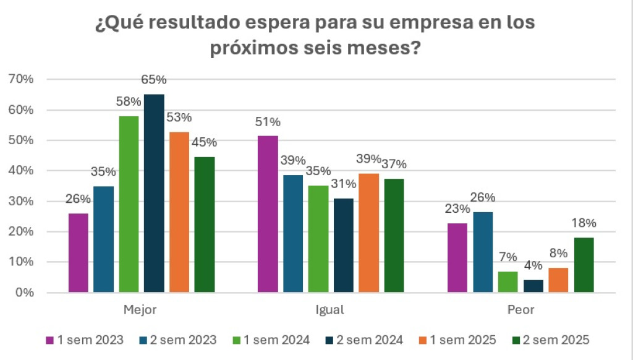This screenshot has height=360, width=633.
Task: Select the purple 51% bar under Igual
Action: coord(268,214)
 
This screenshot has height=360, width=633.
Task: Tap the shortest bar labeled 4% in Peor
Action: coord(533,286)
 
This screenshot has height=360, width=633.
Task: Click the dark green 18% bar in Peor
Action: coord(584,265)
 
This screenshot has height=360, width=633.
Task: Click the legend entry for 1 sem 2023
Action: coord(85,340)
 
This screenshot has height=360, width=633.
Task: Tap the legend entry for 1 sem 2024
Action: coord(271,340)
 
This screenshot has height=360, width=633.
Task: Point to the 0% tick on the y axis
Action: coord(23,293)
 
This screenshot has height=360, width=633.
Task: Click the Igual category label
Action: coord(330,310)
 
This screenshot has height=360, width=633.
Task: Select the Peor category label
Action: coord(520,310)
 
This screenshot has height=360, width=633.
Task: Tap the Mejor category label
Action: coord(140,310)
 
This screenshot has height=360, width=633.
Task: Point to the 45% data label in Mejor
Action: coord(204,142)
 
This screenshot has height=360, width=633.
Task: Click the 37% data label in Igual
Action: coord(394,164)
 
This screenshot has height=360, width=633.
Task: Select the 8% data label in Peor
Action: coord(558,253)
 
